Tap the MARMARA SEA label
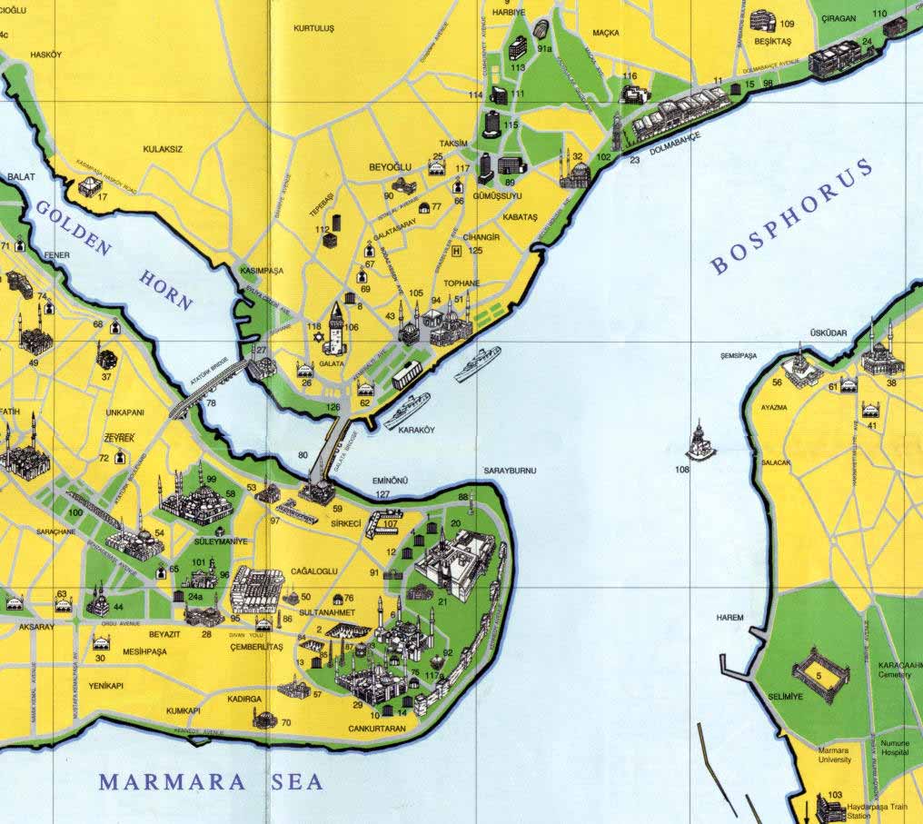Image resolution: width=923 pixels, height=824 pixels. click(211, 781)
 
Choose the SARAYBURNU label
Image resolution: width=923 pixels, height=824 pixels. click(510, 470)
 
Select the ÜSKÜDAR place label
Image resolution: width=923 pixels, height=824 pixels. click(829, 333)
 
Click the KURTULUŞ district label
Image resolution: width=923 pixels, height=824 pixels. click(313, 29)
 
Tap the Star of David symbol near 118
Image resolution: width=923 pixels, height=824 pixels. click(317, 339)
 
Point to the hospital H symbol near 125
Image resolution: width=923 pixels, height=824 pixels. click(457, 250)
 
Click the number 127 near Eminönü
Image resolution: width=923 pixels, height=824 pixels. click(382, 494)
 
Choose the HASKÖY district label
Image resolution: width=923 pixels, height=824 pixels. click(45, 55)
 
